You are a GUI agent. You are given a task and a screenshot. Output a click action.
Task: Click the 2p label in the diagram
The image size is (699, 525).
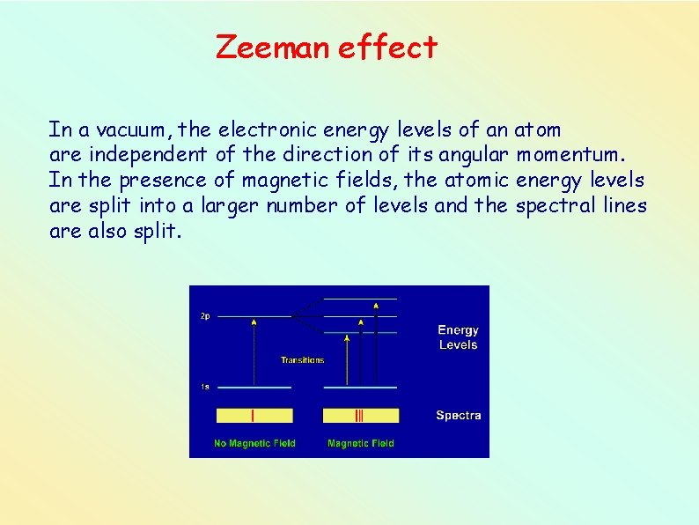point(204,316)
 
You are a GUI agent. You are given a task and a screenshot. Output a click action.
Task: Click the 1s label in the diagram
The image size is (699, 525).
point(204,388)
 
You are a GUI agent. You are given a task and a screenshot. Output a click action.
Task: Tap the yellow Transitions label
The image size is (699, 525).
point(302,359)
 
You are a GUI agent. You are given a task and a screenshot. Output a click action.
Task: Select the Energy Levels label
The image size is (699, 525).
point(458,337)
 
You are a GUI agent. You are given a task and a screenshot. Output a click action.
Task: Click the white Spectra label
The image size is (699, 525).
point(458,415)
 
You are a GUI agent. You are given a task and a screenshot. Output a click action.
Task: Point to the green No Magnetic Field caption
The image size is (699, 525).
point(254,443)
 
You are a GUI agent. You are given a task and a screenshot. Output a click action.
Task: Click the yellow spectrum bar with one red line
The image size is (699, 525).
point(254,416)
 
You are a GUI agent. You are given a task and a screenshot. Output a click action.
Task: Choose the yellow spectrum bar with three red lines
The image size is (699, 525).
point(360,416)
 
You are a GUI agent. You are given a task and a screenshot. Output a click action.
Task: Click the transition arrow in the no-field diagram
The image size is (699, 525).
point(254,352)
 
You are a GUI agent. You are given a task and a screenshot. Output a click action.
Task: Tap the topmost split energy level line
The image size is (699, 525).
point(360,299)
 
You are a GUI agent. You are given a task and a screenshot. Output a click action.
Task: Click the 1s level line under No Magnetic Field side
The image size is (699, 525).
point(254,388)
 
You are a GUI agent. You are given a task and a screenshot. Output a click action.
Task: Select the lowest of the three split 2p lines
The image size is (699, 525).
point(360,333)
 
